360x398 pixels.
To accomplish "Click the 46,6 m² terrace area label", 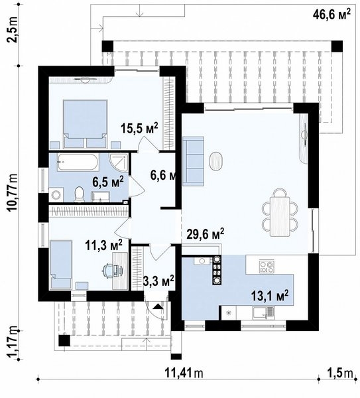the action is pos(332,14).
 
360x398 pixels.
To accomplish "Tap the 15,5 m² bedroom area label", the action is pos(139,128).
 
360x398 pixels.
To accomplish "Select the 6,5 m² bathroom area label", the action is pos(108,182).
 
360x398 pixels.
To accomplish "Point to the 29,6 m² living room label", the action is pos(206,233).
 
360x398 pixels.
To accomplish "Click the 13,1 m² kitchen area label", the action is pos(270,296).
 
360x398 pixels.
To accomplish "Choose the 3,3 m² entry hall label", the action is pos(158,281).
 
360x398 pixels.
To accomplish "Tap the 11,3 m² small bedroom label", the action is pos(104,245).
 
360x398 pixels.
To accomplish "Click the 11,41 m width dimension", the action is pos(184,373).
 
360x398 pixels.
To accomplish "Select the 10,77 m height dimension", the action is pos(13,193).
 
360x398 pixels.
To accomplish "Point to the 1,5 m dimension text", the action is pos(340,373).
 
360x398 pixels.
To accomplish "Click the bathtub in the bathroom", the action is pos(78,163).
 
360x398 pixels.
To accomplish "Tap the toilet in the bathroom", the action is pos(79,194).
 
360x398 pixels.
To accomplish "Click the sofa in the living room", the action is pos(193,161).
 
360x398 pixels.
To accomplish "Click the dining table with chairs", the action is pos(280,212).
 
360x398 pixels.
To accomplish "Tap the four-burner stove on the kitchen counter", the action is pos(267,266).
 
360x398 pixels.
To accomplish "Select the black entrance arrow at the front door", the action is pos(158,306).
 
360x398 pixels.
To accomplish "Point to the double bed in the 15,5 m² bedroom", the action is pos(85,123).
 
